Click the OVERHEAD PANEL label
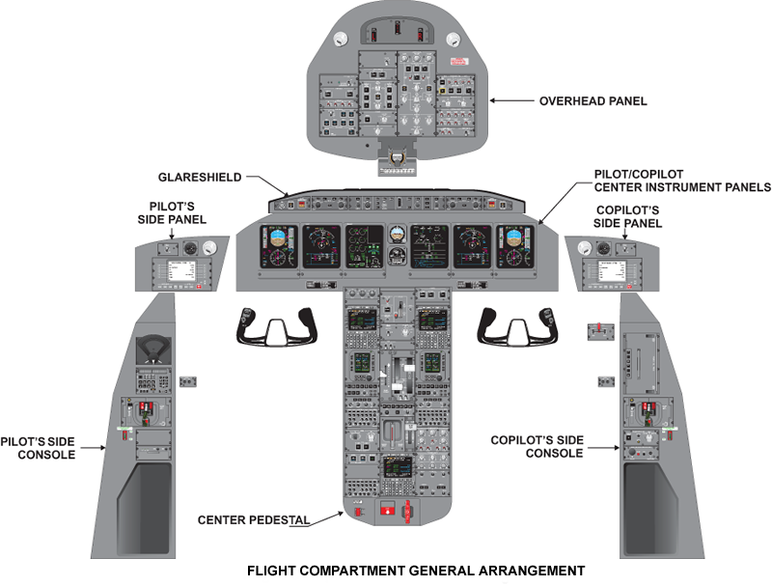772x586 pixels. [x=593, y=100]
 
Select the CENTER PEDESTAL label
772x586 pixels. [x=254, y=520]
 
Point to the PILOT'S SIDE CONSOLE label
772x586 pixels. [x=47, y=445]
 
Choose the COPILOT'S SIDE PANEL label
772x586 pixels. [x=627, y=216]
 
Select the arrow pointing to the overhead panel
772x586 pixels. [x=511, y=100]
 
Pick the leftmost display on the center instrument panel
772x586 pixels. [x=278, y=248]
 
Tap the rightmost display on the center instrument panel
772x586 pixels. [x=514, y=248]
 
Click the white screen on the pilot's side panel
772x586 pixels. [x=180, y=274]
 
